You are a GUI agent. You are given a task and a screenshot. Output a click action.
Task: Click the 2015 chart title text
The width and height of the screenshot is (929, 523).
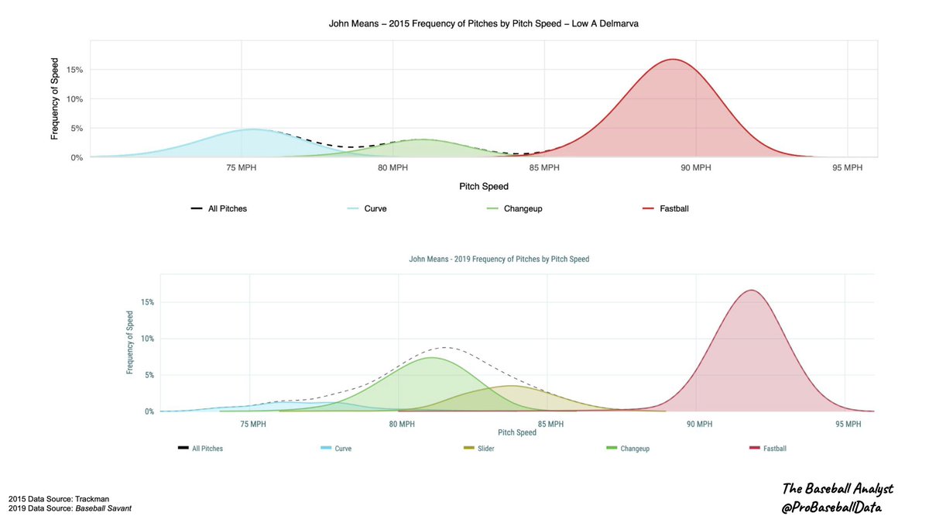[x=483, y=24]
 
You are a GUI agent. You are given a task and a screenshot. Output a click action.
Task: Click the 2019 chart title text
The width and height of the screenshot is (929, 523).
[x=499, y=259]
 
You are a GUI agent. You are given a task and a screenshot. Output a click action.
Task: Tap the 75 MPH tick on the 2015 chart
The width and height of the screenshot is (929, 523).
[x=242, y=168]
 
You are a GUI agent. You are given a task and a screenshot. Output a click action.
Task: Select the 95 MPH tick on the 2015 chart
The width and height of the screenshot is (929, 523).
[x=848, y=168]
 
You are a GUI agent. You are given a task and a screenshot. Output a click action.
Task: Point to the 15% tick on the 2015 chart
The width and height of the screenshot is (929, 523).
[x=75, y=70]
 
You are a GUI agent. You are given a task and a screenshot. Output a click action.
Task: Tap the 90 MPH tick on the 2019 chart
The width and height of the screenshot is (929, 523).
[x=699, y=424]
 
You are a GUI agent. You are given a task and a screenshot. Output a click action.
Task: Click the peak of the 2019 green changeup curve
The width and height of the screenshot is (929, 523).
[x=431, y=357]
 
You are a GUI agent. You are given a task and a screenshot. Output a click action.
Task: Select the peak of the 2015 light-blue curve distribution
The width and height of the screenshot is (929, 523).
[x=252, y=129]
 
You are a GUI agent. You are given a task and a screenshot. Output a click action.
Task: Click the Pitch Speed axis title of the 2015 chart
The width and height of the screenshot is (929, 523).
[x=482, y=186]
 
